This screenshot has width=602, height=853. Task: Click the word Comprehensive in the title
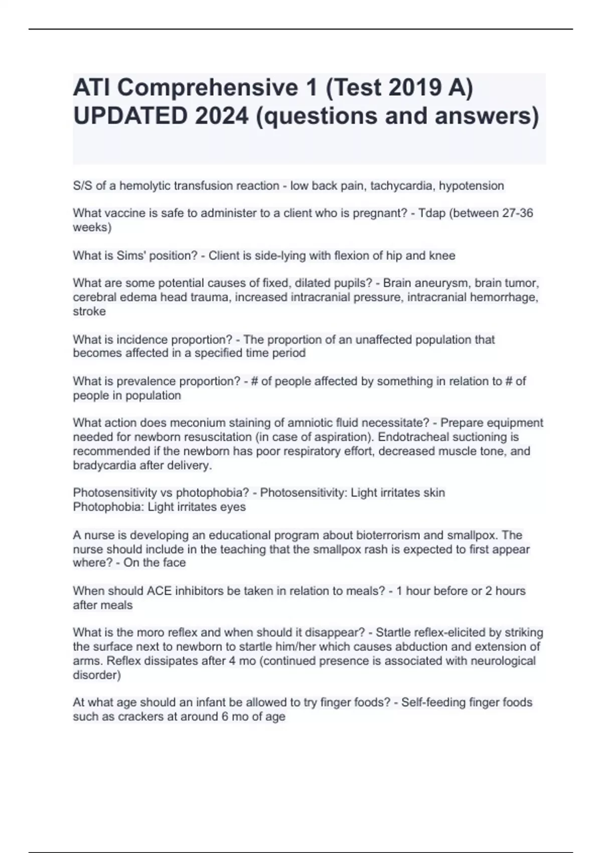208,88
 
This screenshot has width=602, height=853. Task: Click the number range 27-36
517,213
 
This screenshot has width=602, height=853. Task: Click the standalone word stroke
89,311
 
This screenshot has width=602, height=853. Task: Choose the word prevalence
153,381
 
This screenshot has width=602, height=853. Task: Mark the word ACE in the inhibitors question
159,591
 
